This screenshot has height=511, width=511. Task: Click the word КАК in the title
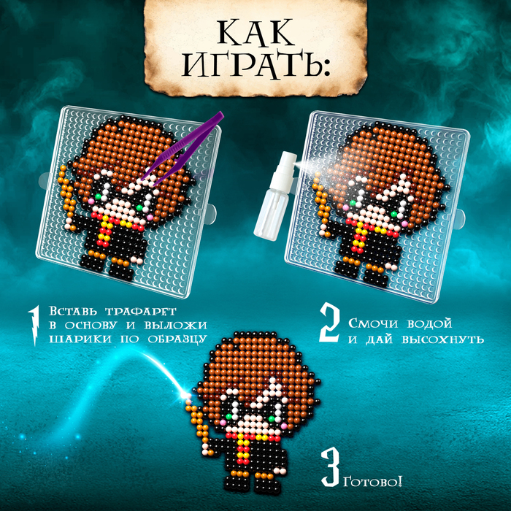coord(255,33)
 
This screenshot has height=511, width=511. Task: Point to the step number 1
coord(34,325)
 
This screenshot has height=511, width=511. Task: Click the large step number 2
coord(329,322)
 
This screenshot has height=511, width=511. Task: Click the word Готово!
coord(372,481)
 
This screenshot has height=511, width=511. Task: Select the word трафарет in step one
coord(140,311)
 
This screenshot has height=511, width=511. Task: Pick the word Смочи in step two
coord(373,323)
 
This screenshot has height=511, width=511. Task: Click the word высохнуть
coord(442,339)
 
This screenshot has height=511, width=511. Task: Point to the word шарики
coord(80,339)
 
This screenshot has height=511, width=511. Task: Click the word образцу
coord(177,339)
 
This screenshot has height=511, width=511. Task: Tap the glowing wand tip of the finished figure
coord(188,396)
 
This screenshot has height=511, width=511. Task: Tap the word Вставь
coord(73,311)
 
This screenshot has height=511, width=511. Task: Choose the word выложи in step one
coord(175,325)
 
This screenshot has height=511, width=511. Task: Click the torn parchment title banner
coord(255,48)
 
